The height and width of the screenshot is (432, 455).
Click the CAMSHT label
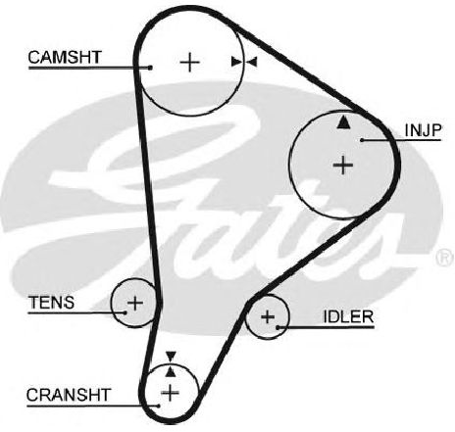tap(65, 57)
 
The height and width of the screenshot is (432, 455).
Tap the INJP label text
tap(423, 130)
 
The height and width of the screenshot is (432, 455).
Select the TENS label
tap(52, 303)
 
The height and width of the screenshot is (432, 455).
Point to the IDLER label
tap(348, 316)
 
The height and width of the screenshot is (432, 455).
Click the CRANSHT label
tap(69, 395)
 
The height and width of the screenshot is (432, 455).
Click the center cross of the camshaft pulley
tap(189, 62)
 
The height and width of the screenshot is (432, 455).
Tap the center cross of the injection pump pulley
tap(343, 165)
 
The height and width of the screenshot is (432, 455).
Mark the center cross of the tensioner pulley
tap(135, 304)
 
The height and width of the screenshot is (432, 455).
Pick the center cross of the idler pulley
tap(268, 316)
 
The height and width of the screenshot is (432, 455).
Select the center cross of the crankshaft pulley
tap(171, 393)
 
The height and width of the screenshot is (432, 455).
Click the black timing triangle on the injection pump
tap(343, 121)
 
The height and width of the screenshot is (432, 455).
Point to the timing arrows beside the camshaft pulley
tap(244, 62)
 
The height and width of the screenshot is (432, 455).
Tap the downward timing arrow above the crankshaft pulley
tap(171, 356)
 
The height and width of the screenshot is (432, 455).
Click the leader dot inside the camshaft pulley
tap(150, 68)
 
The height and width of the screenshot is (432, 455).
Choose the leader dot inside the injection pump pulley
tap(362, 140)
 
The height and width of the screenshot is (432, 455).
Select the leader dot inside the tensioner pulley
tap(126, 312)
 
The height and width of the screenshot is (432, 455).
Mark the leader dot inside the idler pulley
tap(278, 327)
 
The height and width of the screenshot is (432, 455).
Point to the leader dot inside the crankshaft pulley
tap(159, 406)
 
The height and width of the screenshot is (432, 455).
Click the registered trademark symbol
tap(445, 257)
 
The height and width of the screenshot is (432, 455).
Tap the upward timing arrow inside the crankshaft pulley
tap(170, 371)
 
